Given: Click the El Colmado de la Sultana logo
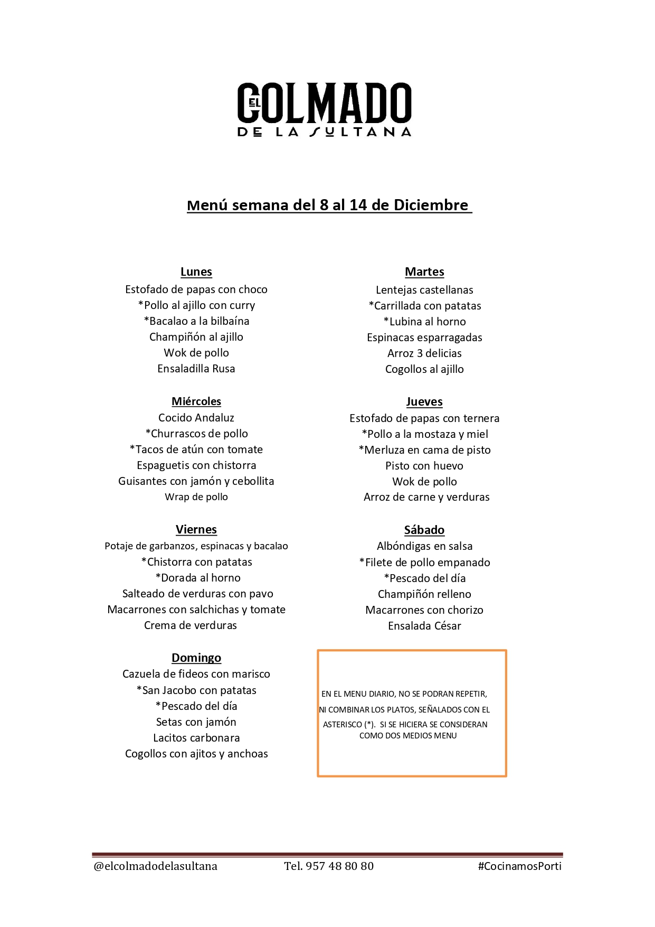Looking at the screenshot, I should tap(324, 109).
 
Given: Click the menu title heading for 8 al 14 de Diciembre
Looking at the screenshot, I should tap(329, 205).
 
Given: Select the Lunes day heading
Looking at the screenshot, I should tap(196, 272).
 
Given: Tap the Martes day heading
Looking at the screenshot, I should tap(424, 272).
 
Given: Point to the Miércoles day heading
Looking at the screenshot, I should tap(196, 401).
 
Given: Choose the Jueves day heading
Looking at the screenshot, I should tap(424, 402).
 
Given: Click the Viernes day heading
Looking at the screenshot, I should tap(196, 530).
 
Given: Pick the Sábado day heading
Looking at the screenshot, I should tap(424, 530).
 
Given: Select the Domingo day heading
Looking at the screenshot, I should tap(196, 658).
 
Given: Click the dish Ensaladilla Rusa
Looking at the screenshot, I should tap(196, 369).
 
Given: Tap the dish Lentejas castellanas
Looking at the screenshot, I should tap(424, 290).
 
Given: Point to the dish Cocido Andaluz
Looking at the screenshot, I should tap(196, 418).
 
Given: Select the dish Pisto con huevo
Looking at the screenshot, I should tap(424, 466).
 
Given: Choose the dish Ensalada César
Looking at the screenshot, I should tap(424, 626).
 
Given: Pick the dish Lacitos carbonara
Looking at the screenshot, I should tap(196, 738).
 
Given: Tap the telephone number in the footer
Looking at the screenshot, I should tap(329, 866).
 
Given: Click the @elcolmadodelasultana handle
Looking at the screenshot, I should tap(155, 866).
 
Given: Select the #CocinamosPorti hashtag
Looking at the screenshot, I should tap(519, 866).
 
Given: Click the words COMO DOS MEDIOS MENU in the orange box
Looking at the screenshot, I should tap(408, 736).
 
